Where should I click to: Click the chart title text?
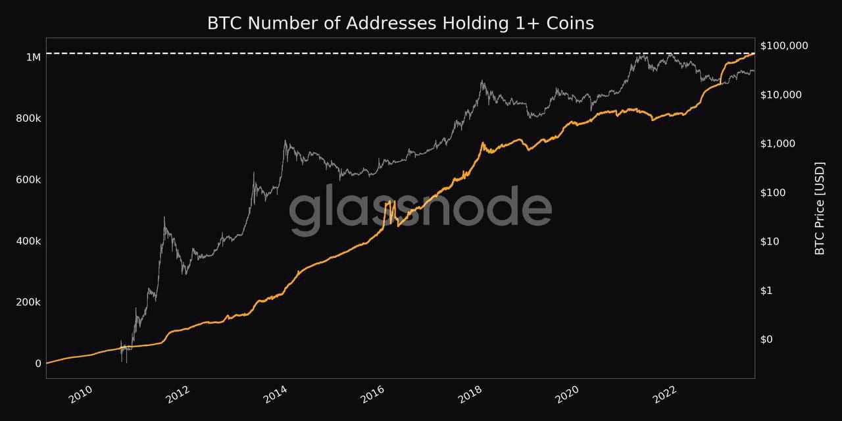point(401,23)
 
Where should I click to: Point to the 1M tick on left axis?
point(34,57)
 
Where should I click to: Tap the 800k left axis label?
point(29,118)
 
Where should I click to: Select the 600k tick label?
point(29,180)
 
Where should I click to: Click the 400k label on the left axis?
point(29,241)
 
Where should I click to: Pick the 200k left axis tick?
point(29,303)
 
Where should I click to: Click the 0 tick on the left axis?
point(38,364)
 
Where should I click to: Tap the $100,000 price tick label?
point(784,45)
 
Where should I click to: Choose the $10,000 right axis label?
point(781,95)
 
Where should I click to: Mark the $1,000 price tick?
point(779,143)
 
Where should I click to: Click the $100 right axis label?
point(774,193)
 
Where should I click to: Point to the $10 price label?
point(772,241)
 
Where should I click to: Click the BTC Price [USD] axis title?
point(820,208)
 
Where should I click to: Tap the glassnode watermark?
point(420,210)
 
